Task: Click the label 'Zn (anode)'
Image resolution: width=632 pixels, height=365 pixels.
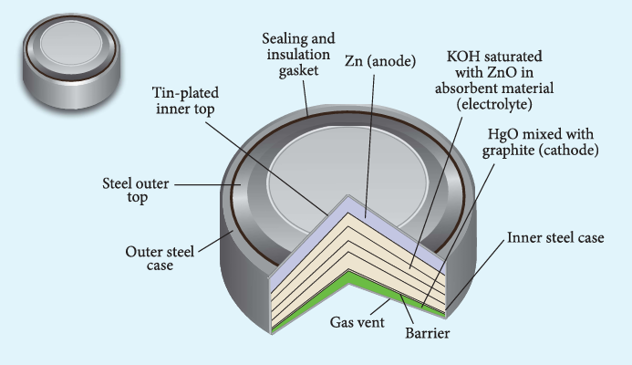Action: pos(380,61)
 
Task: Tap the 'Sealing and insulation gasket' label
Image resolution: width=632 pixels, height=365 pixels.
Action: pos(298,55)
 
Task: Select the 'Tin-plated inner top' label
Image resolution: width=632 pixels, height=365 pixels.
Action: pos(185,100)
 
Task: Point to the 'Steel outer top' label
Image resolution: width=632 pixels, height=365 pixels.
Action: pos(136,191)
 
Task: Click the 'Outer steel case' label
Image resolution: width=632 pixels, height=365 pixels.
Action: pos(160,258)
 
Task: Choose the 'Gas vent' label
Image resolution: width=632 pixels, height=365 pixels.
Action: pos(357,322)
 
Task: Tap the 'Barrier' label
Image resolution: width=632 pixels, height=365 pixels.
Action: pos(427,333)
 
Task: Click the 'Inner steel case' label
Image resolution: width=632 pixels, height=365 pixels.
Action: pos(555,237)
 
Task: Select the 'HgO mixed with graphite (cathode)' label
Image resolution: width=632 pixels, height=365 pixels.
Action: pos(541,142)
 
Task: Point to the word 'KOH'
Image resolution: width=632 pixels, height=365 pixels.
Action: pos(463,57)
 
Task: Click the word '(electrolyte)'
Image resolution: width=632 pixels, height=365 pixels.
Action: pos(494,104)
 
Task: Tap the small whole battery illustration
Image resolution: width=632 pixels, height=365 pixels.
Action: pos(71,60)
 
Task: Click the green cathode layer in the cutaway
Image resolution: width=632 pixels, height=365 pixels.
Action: pos(349,278)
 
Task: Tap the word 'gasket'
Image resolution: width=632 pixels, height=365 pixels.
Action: pos(298,71)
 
